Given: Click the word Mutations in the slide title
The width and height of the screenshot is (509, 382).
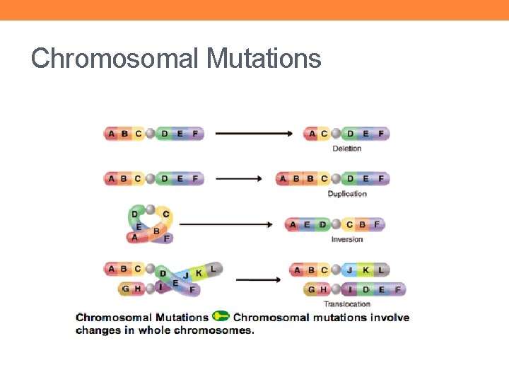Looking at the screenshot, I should click(x=264, y=59).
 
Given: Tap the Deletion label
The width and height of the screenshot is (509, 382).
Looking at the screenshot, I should click(x=346, y=149).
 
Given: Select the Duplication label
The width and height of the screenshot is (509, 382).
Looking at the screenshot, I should click(x=347, y=194).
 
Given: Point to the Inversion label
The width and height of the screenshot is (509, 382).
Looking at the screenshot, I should click(x=346, y=239).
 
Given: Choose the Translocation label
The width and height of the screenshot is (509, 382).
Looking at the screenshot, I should click(x=346, y=304).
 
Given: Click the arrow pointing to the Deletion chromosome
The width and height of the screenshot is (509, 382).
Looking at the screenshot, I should click(x=254, y=133).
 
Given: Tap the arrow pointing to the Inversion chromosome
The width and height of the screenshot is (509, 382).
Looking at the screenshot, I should click(x=226, y=224).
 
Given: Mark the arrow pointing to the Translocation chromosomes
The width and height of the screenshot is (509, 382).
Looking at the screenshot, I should click(x=258, y=279).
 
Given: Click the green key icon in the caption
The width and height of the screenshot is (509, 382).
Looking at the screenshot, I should click(x=221, y=316).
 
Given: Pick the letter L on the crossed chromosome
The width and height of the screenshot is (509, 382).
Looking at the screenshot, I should click(x=213, y=269).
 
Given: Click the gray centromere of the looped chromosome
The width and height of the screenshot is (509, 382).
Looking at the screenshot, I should click(x=150, y=209).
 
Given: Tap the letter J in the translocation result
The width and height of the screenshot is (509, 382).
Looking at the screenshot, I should click(x=350, y=270).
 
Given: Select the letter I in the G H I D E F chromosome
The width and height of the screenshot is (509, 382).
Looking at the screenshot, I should click(x=351, y=289).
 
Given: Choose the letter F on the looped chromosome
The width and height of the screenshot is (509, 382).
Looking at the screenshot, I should click(x=167, y=239).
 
